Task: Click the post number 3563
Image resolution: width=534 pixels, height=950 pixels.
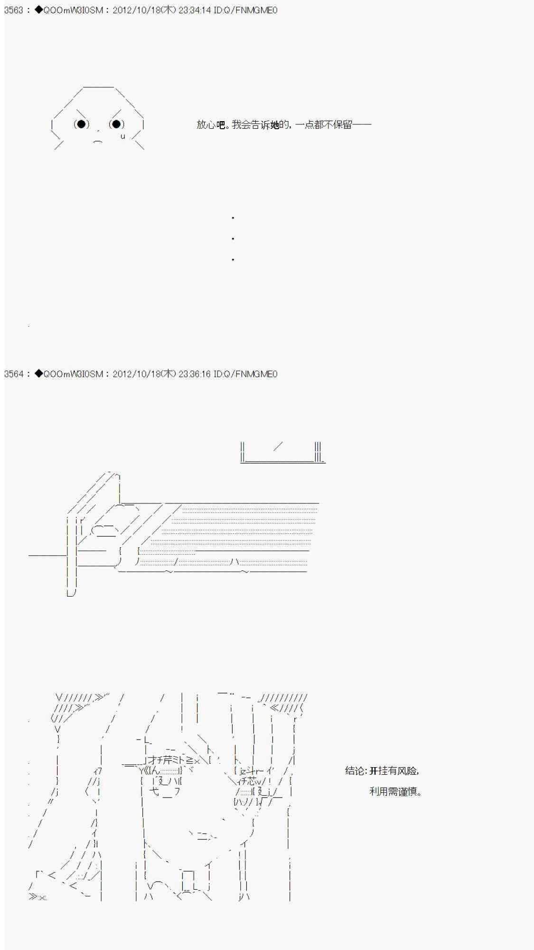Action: (x=14, y=10)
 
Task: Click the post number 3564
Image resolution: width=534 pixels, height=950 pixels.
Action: (x=14, y=374)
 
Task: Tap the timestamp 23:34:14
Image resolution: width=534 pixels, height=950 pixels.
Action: (x=195, y=10)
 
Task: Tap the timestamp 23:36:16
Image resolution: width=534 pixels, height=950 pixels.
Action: (x=195, y=374)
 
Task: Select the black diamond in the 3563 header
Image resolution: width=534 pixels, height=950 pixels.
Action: (x=38, y=10)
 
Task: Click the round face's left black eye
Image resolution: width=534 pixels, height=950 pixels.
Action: (x=81, y=124)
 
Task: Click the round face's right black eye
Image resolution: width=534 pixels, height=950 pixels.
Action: (x=116, y=124)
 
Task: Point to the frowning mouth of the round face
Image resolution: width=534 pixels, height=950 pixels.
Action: (x=98, y=141)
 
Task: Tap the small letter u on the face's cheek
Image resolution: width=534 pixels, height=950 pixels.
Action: (x=122, y=136)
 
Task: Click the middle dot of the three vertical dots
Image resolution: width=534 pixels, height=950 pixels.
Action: (x=233, y=238)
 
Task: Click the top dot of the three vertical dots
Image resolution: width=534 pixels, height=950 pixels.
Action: (x=233, y=218)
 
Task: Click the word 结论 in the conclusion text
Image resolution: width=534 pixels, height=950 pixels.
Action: (x=355, y=771)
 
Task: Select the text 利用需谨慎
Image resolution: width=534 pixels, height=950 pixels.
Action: (x=395, y=792)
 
